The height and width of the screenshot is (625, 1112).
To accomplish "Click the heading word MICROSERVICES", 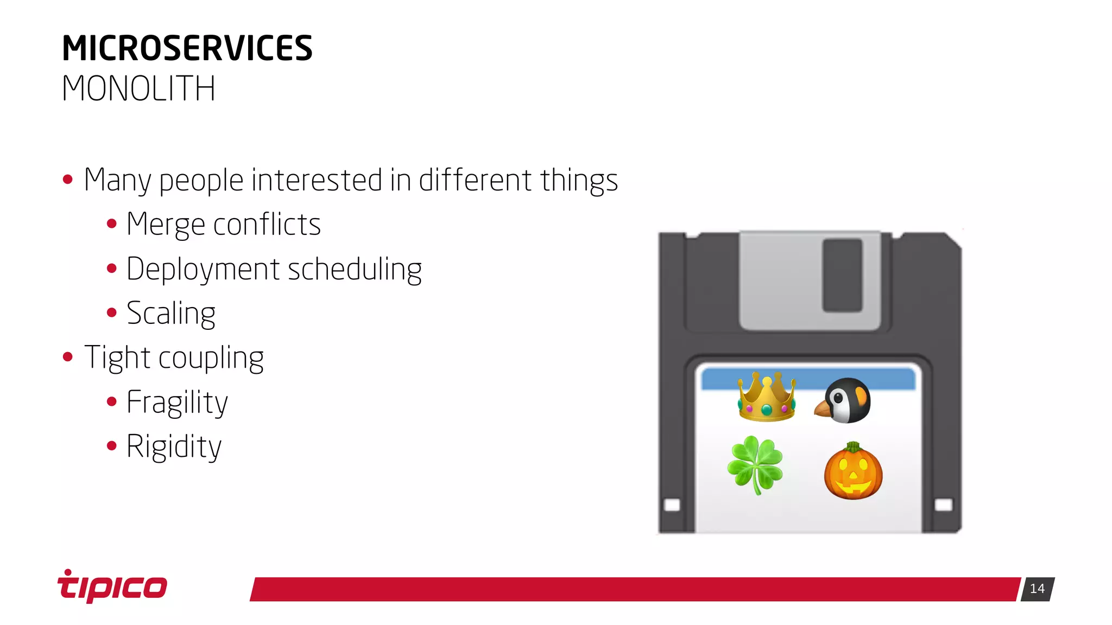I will pyautogui.click(x=187, y=48).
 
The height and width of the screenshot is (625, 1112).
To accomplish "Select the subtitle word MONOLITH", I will pyautogui.click(x=138, y=88).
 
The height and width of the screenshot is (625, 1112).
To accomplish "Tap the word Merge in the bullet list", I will pyautogui.click(x=166, y=224).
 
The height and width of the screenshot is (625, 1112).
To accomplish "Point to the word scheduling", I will pyautogui.click(x=355, y=269).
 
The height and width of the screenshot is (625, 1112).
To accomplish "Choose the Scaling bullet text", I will pyautogui.click(x=171, y=314).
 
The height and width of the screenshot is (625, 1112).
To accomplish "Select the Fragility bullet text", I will pyautogui.click(x=177, y=403).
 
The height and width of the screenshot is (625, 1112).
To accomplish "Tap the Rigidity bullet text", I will pyautogui.click(x=174, y=447).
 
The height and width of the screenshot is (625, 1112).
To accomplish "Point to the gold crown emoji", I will pyautogui.click(x=767, y=397).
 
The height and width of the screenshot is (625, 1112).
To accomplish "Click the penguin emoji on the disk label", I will pyautogui.click(x=843, y=400).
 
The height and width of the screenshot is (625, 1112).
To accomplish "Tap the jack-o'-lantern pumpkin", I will pyautogui.click(x=853, y=471).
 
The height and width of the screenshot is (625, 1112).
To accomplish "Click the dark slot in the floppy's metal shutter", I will pyautogui.click(x=842, y=275).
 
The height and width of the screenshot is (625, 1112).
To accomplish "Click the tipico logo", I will pyautogui.click(x=112, y=586).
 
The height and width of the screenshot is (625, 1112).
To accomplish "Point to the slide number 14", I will pyautogui.click(x=1037, y=589).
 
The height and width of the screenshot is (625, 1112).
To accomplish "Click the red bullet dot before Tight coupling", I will pyautogui.click(x=68, y=357).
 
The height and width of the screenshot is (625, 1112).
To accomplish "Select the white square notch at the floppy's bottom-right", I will pyautogui.click(x=943, y=505).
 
